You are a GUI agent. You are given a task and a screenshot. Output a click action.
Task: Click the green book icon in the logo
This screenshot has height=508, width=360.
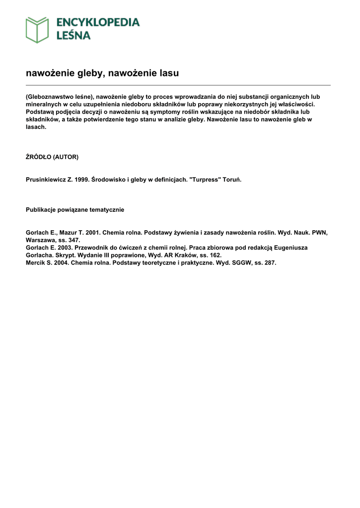37,30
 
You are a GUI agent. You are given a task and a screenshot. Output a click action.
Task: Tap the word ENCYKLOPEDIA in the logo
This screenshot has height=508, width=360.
97,23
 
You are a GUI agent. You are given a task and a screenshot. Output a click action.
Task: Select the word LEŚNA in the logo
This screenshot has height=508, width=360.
72,36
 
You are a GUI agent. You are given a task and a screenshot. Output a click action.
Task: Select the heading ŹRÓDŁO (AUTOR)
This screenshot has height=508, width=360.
52,157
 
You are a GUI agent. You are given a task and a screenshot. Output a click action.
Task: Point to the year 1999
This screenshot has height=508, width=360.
82,180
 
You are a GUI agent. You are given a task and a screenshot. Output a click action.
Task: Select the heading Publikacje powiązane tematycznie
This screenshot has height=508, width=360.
75,210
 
